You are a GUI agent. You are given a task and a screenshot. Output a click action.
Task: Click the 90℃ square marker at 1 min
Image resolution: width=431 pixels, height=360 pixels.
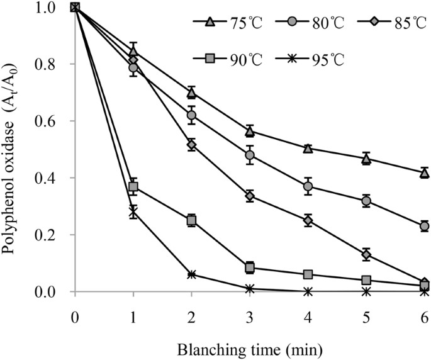point(133,187)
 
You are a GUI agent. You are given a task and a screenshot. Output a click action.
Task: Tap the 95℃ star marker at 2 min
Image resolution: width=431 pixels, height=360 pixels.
point(191,274)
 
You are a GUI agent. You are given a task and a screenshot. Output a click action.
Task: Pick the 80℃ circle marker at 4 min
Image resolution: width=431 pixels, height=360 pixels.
point(308,186)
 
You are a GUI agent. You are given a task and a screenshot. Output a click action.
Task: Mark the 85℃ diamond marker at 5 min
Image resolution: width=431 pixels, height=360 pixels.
point(366,255)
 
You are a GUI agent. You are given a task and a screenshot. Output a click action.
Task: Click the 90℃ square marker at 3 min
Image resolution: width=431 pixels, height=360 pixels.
point(250,268)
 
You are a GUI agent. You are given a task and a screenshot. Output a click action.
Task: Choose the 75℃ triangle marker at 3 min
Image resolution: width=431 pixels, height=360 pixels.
point(250,131)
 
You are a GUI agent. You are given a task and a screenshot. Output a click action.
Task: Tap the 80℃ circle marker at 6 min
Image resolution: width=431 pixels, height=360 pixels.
point(424,226)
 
